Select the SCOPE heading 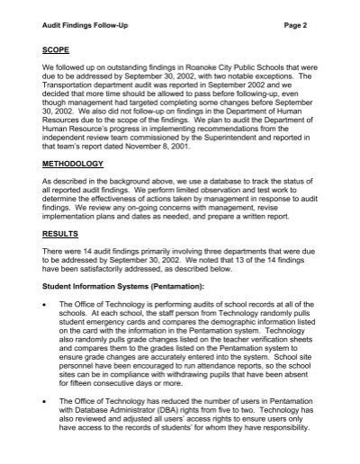coord(60,66)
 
